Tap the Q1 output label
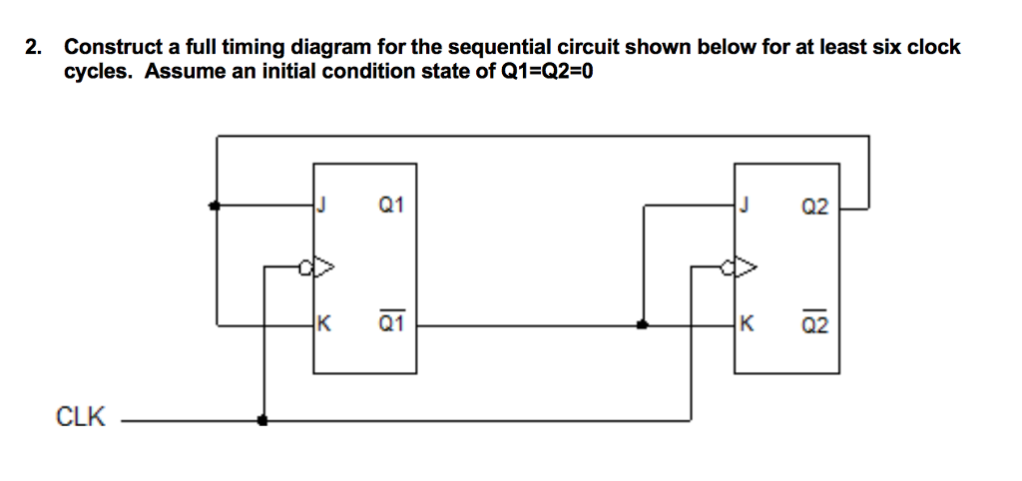pos(391,208)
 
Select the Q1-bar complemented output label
pos(391,323)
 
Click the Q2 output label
pos(813,208)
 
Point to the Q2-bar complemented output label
pos(813,323)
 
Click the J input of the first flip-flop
pos(322,208)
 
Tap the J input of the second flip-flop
pos(743,208)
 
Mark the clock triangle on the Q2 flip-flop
pos(745,266)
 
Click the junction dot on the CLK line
pos(262,420)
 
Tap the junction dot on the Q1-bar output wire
pos(642,324)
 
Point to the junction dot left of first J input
pos(215,207)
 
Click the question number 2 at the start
pos(34,47)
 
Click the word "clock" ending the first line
pos(932,47)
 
